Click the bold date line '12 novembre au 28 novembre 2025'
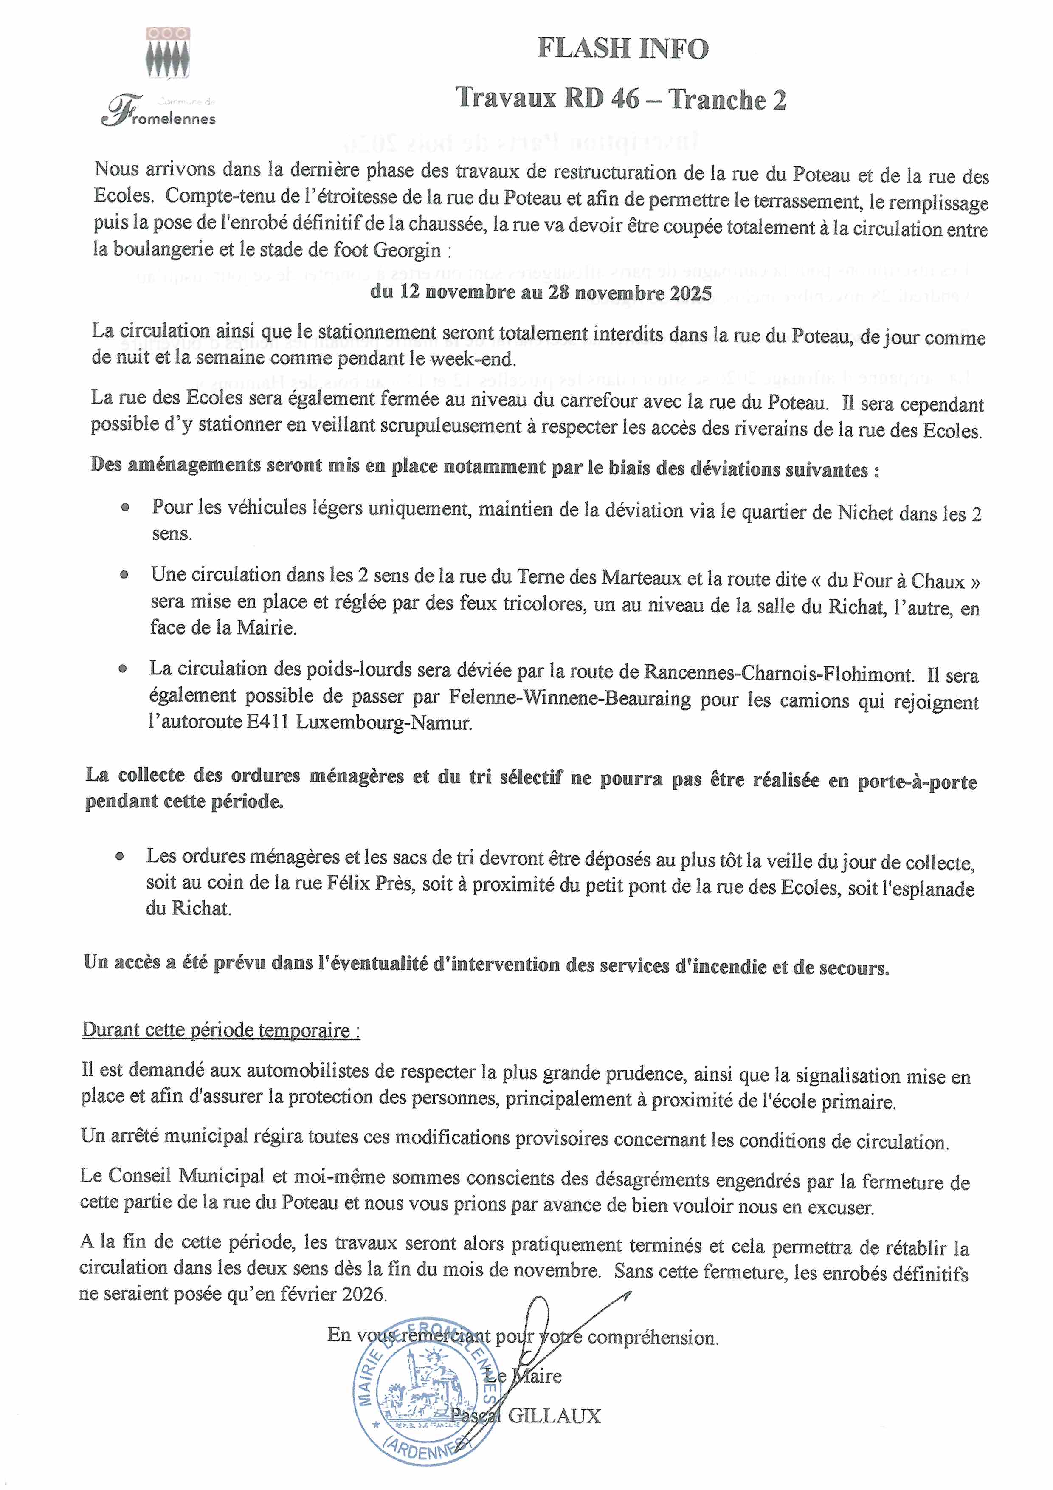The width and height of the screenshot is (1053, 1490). coord(541,293)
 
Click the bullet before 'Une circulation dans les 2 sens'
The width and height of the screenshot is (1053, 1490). coord(124,574)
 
